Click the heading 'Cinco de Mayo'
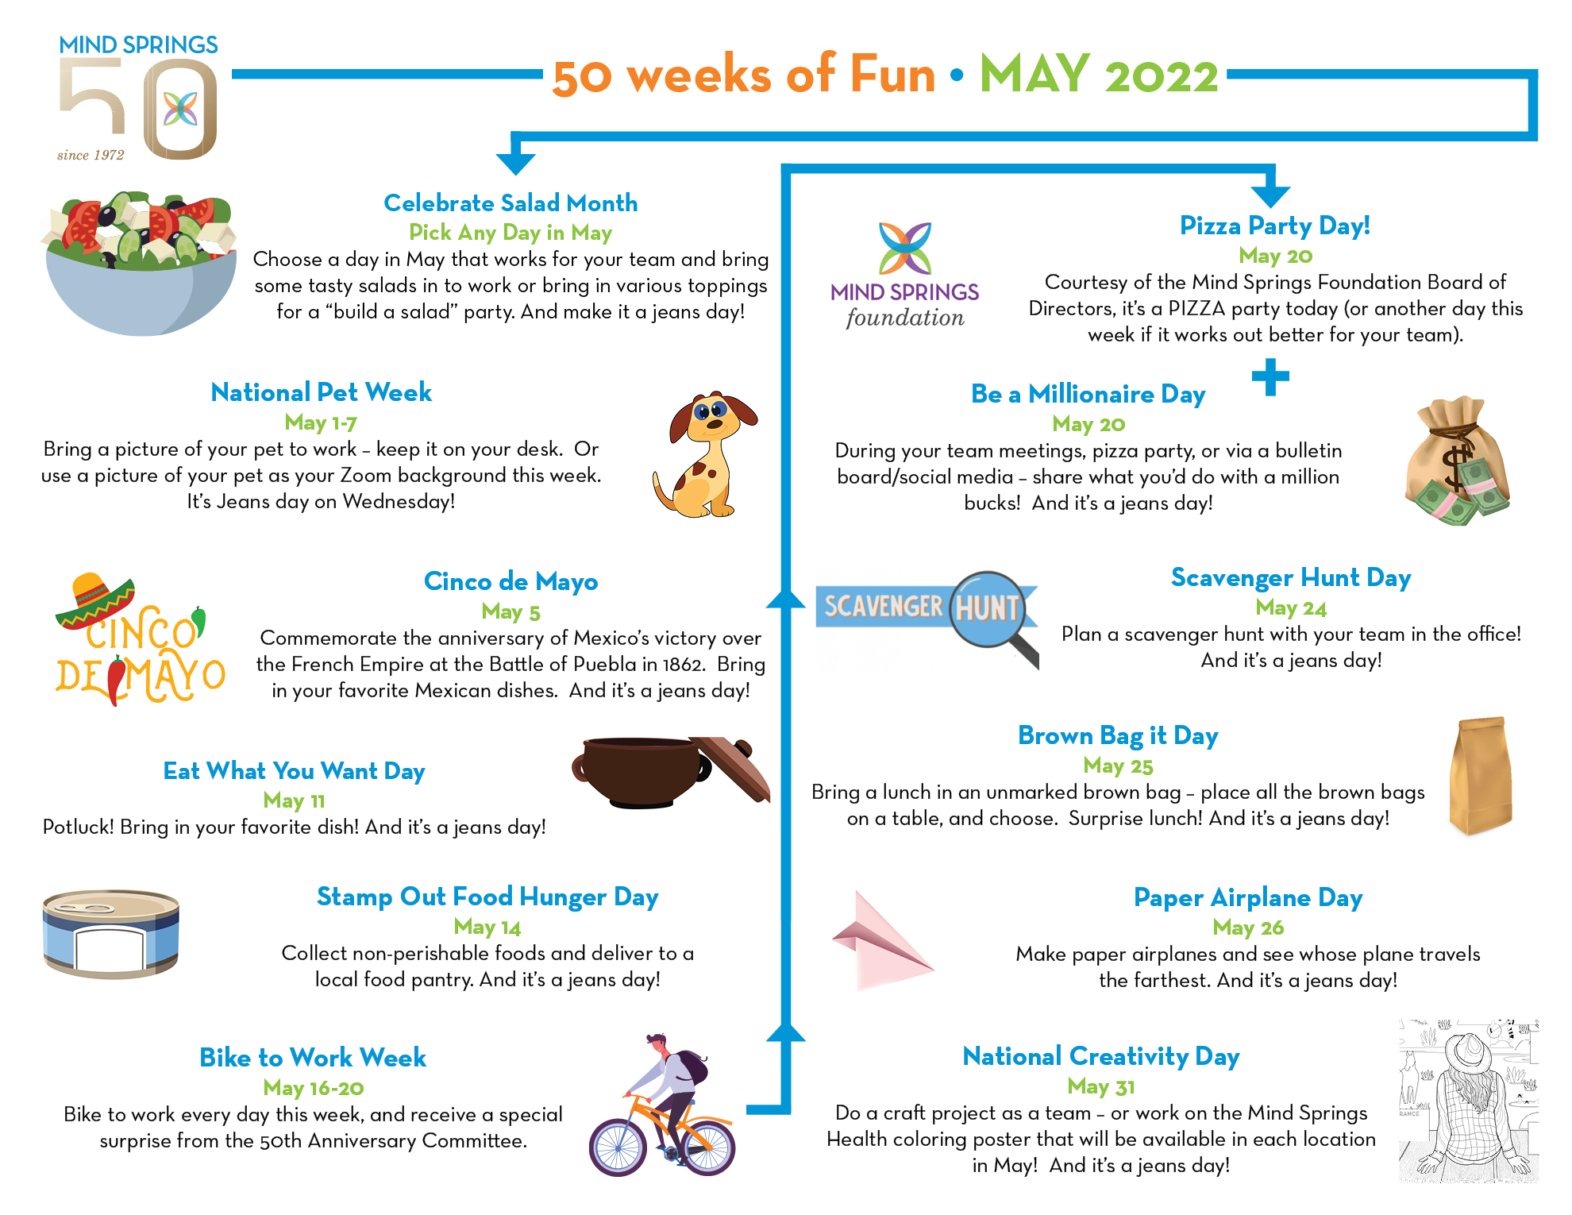click(511, 581)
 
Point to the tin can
click(111, 933)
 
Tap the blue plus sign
click(1270, 377)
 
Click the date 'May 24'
click(1291, 608)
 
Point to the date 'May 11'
click(294, 800)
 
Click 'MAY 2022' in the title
click(1099, 75)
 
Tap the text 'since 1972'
click(91, 155)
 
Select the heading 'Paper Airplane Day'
click(1248, 897)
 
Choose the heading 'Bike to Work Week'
click(313, 1058)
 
